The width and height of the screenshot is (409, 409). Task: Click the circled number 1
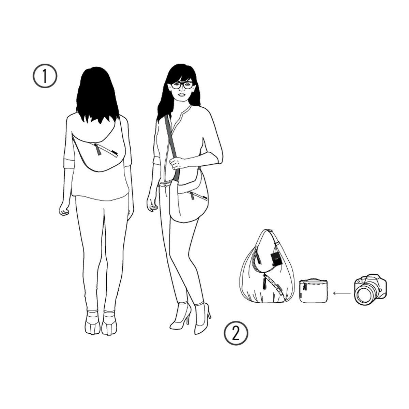click(x=45, y=76)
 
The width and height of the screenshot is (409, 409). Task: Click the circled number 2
click(x=236, y=332)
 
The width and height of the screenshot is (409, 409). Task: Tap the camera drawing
click(x=370, y=290)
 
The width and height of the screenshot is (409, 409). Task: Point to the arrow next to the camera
click(x=342, y=293)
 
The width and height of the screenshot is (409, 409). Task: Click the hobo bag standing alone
click(x=267, y=267)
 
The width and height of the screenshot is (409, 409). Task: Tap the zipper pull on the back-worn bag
click(x=98, y=149)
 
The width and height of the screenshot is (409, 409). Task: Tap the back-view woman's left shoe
click(x=92, y=325)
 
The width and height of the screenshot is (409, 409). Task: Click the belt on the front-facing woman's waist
click(x=166, y=184)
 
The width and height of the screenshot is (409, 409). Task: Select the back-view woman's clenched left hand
click(x=64, y=210)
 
